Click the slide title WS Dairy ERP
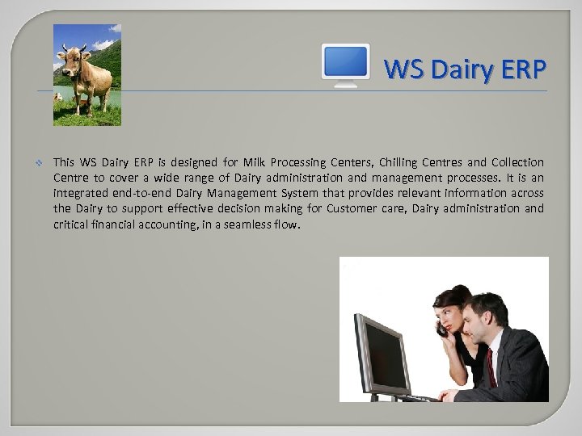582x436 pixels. pos(465,69)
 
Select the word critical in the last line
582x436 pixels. pos(70,224)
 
